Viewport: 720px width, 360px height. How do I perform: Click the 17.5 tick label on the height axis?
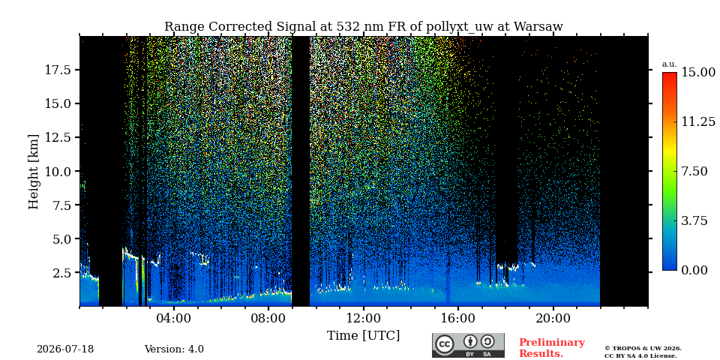point(58,70)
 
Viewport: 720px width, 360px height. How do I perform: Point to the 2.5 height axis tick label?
point(61,273)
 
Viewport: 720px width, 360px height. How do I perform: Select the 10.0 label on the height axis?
point(58,171)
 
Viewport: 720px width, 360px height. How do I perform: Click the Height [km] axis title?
point(34,171)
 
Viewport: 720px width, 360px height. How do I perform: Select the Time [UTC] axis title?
point(363,336)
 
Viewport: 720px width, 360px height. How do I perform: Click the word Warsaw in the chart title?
point(538,27)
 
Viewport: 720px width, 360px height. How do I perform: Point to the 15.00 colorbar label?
point(698,72)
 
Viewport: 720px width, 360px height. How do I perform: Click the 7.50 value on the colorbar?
point(694,171)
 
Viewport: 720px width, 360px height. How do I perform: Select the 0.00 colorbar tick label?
point(694,271)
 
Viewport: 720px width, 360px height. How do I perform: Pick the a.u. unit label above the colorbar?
point(670,64)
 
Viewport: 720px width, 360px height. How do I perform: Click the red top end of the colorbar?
point(670,74)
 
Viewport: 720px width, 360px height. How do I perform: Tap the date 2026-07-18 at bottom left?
point(65,349)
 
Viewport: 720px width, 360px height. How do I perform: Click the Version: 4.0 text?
point(174,349)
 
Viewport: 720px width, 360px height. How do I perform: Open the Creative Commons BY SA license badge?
point(468,345)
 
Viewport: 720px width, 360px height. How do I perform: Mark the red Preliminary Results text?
point(552,348)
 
